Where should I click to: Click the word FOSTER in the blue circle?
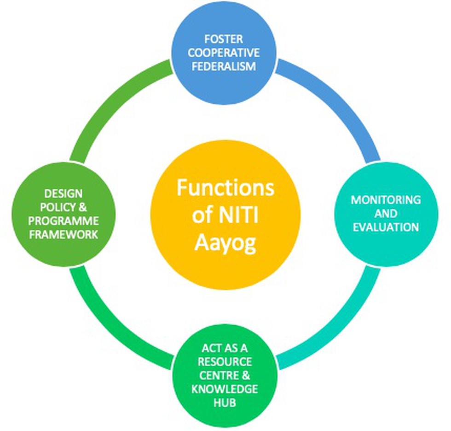point(224,40)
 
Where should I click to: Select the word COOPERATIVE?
point(224,53)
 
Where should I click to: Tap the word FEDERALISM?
point(224,66)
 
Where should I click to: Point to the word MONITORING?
point(386,200)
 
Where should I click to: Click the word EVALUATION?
point(386,227)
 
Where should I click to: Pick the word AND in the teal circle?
point(386,214)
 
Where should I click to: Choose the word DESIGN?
point(63,193)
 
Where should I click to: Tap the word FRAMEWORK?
point(63,234)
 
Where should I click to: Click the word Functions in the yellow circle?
point(225,188)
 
